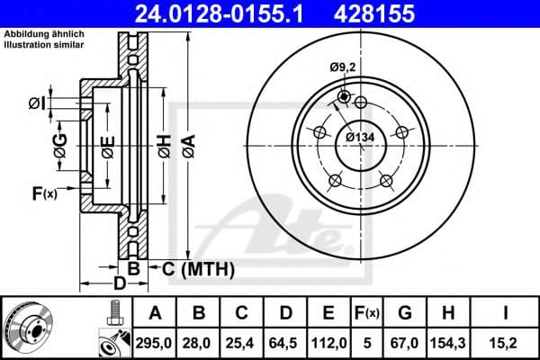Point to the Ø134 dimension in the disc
[x=361, y=137]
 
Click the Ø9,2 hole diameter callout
[x=343, y=67]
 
